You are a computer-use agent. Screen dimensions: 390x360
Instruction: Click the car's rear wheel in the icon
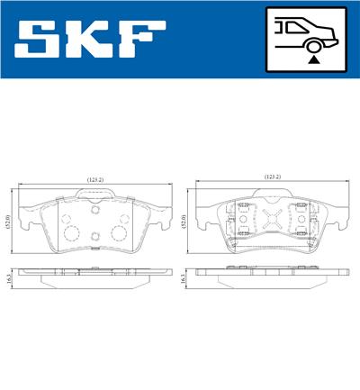click(x=312, y=42)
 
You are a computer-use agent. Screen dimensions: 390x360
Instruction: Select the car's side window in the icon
click(x=292, y=26)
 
